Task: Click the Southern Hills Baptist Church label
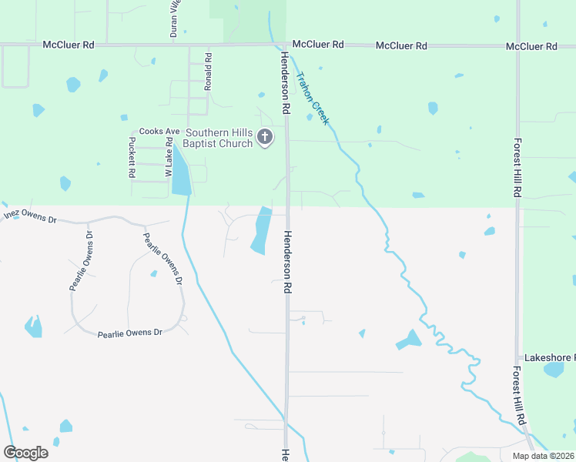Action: (219, 138)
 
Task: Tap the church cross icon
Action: (265, 138)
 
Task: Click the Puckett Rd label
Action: (132, 157)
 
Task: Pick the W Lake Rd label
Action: (168, 157)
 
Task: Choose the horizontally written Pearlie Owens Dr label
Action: (130, 333)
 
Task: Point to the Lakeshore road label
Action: (549, 358)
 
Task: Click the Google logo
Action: (25, 452)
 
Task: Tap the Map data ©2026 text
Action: (543, 456)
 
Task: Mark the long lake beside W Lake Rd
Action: (181, 171)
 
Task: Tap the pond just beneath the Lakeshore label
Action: (554, 370)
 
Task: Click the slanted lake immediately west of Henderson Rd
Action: (261, 232)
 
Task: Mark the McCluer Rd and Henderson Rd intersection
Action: (285, 45)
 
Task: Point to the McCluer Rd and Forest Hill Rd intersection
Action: (517, 46)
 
